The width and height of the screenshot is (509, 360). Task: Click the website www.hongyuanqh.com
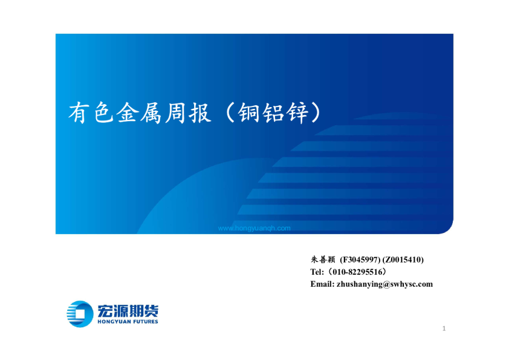(254, 228)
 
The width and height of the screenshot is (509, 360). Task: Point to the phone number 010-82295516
(360, 272)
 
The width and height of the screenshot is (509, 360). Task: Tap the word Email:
(321, 284)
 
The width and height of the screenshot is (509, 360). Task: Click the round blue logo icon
(79, 313)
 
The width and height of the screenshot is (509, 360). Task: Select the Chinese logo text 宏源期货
(127, 310)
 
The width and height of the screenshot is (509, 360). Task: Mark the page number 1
(444, 329)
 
